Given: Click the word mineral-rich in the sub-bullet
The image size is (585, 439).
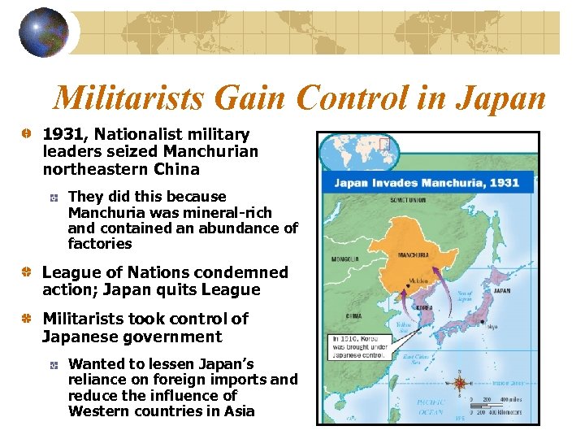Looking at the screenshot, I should click(x=237, y=213).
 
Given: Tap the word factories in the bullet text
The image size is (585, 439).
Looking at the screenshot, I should click(x=100, y=244).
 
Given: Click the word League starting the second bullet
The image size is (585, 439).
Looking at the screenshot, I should click(x=71, y=272).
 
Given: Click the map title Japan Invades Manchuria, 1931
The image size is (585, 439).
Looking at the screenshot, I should click(x=427, y=182).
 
